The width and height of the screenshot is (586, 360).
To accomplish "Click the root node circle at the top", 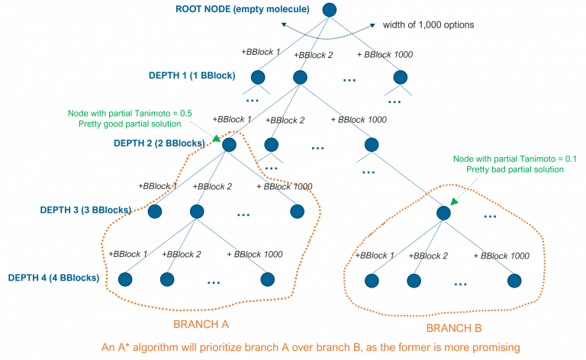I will (x=329, y=10).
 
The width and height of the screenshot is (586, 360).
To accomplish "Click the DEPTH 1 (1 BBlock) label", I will (x=192, y=76).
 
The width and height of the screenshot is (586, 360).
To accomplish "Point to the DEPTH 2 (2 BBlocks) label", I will (x=158, y=143).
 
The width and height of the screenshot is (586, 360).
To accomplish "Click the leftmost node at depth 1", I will (x=257, y=77).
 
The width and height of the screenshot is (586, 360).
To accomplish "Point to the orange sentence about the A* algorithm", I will (x=311, y=347).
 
